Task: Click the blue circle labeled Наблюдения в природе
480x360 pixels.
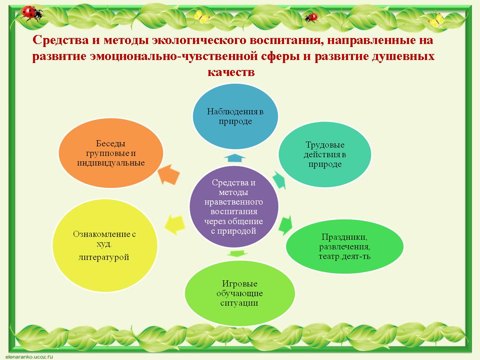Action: point(235,115)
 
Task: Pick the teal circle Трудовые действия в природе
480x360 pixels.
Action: point(325,154)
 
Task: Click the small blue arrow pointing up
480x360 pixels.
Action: point(234,158)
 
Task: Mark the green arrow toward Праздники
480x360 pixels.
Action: point(286,224)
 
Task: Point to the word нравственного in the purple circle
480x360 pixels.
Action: point(234,202)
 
